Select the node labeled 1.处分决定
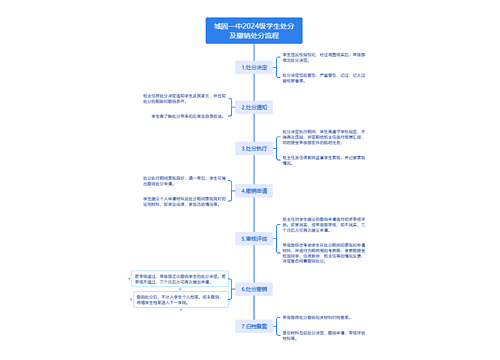click(x=254, y=68)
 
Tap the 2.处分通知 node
click(x=254, y=105)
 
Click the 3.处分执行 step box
click(x=254, y=147)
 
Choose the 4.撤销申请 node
click(x=254, y=189)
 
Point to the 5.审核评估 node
click(x=254, y=238)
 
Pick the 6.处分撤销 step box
click(x=254, y=289)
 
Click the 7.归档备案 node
click(x=254, y=326)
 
